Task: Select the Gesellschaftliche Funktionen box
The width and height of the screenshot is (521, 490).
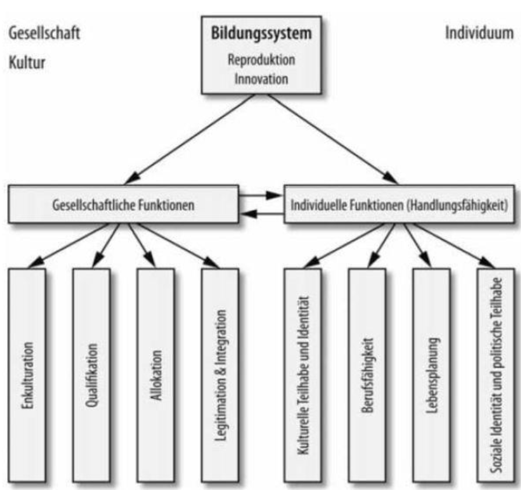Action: tap(123, 204)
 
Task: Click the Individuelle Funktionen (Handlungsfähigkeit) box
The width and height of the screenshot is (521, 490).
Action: tap(398, 204)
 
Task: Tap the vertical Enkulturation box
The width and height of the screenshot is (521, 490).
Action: tap(27, 375)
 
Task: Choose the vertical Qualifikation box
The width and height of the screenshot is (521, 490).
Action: tap(91, 375)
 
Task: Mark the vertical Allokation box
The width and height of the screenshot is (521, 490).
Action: tap(155, 375)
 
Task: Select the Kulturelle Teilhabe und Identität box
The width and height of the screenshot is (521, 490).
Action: tap(302, 375)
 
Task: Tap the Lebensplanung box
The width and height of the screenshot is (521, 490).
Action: tap(431, 375)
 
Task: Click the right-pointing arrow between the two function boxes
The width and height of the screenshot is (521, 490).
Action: tap(260, 196)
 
